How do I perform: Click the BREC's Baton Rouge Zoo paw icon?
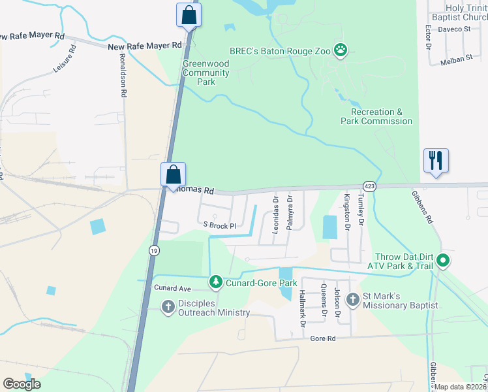[341, 49]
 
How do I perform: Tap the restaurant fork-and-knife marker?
[435, 161]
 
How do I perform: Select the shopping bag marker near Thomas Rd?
[174, 175]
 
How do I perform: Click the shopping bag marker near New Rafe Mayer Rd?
[189, 16]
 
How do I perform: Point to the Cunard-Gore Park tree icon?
[216, 282]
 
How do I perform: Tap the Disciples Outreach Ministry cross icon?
[168, 306]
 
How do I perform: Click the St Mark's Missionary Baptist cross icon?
[353, 300]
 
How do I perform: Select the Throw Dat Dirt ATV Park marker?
[444, 261]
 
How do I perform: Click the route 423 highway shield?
[369, 186]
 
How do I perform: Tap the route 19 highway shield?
[153, 250]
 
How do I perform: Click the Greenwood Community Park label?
[206, 73]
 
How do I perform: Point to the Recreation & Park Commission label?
[377, 116]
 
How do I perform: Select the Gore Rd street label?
[322, 338]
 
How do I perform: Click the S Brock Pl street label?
[219, 225]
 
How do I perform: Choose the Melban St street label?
[456, 59]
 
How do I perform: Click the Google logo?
[22, 384]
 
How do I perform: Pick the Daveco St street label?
[454, 29]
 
